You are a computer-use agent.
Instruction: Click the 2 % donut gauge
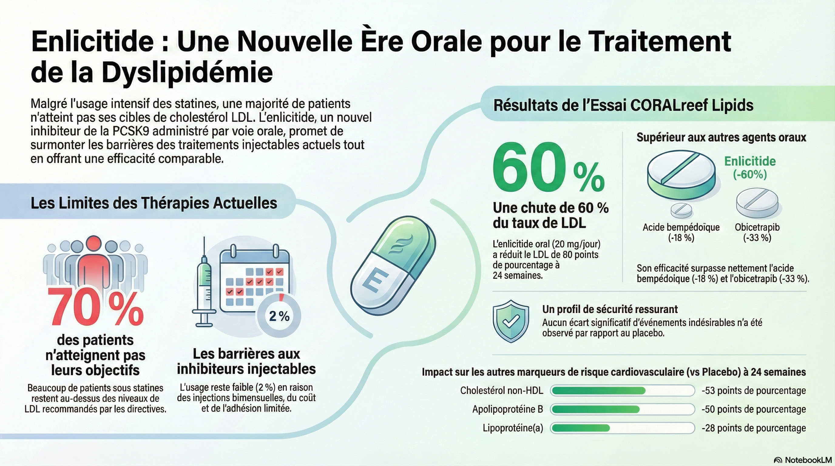click(x=279, y=315)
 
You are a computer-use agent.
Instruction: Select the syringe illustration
click(x=204, y=285)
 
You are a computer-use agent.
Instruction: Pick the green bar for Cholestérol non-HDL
click(x=598, y=390)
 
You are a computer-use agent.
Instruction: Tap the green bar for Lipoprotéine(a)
click(x=580, y=428)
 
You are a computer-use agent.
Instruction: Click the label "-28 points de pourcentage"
click(x=754, y=428)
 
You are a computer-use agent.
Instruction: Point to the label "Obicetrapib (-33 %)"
click(x=757, y=232)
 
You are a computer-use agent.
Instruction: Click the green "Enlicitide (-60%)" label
click(x=750, y=167)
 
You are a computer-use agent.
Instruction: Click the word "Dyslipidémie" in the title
click(x=187, y=72)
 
